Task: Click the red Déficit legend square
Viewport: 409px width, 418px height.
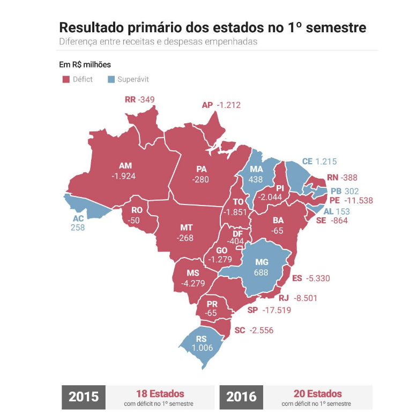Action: (x=66, y=79)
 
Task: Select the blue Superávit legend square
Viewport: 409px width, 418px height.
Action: (x=111, y=79)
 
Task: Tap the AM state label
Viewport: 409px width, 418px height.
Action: (x=125, y=166)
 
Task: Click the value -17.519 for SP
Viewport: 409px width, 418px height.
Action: (x=276, y=310)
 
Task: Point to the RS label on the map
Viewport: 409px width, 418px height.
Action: (x=202, y=339)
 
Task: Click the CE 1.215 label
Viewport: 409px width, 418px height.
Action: (x=319, y=162)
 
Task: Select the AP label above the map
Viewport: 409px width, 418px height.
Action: (x=207, y=105)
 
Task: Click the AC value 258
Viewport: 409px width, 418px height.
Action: (x=78, y=228)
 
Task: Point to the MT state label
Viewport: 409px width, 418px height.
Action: (x=186, y=228)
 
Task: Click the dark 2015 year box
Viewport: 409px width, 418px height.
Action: (x=84, y=397)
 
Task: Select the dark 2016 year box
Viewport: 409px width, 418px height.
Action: (x=241, y=397)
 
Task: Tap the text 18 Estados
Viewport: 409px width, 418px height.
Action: (x=161, y=394)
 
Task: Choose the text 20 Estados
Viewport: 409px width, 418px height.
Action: (x=318, y=394)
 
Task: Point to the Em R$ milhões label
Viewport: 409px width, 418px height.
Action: (x=85, y=64)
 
